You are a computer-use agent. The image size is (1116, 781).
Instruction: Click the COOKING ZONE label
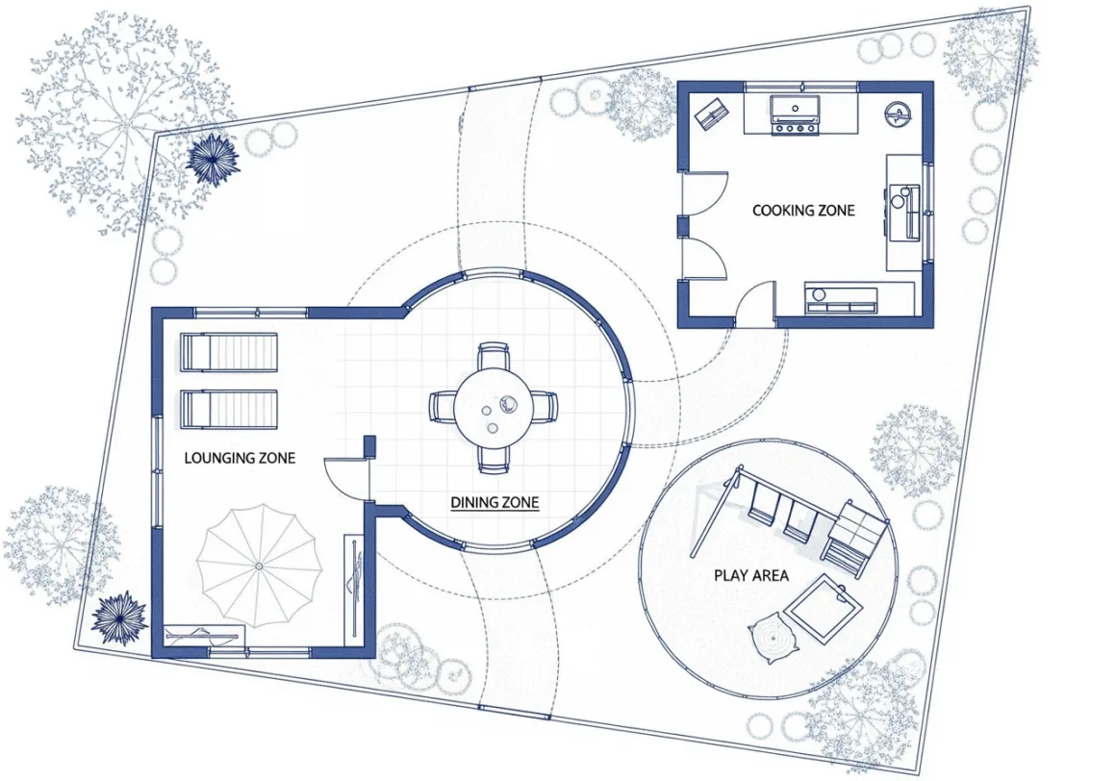point(802,211)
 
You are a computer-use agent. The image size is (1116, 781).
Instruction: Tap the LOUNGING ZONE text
point(240,458)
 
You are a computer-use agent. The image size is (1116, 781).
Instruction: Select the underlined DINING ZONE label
point(495,503)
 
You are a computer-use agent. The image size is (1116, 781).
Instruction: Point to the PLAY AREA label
point(750,575)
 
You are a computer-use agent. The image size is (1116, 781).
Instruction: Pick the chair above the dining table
point(494,356)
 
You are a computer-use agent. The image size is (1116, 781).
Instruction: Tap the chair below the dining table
point(494,460)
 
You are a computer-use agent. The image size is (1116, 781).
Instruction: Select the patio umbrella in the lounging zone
point(259,567)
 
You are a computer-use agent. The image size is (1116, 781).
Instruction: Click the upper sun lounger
point(228,352)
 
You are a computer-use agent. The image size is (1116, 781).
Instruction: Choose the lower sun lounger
point(228,410)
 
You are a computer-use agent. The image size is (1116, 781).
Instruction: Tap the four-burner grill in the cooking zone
point(796,116)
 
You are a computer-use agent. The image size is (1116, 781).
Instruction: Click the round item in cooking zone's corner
point(899,113)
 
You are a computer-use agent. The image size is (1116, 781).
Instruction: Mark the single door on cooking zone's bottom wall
point(756,305)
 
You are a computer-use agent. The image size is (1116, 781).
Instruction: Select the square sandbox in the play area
point(824,610)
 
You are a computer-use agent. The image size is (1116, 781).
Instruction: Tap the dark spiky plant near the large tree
point(212,160)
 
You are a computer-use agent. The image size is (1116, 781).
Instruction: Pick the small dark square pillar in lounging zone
point(369,446)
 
